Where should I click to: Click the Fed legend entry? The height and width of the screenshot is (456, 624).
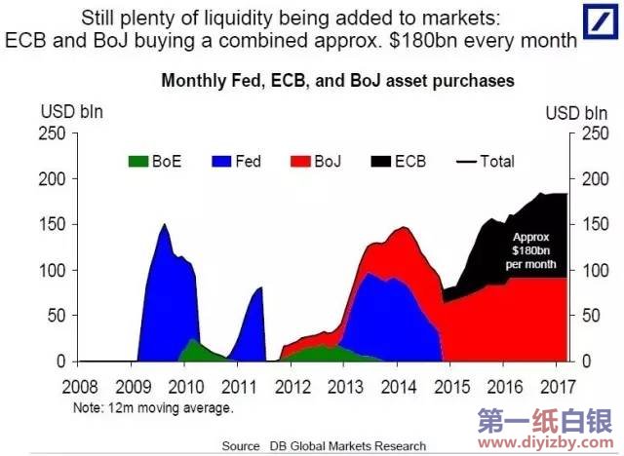(x=238, y=161)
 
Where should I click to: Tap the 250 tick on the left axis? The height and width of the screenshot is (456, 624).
(x=54, y=133)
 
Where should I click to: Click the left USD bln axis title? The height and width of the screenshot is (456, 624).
(x=71, y=112)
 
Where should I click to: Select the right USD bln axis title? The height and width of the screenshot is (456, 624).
(x=574, y=112)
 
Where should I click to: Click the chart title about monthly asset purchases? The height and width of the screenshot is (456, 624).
(x=337, y=81)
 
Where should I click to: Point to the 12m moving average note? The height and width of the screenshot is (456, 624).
(x=153, y=407)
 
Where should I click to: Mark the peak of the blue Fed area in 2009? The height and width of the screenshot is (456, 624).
(x=164, y=225)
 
